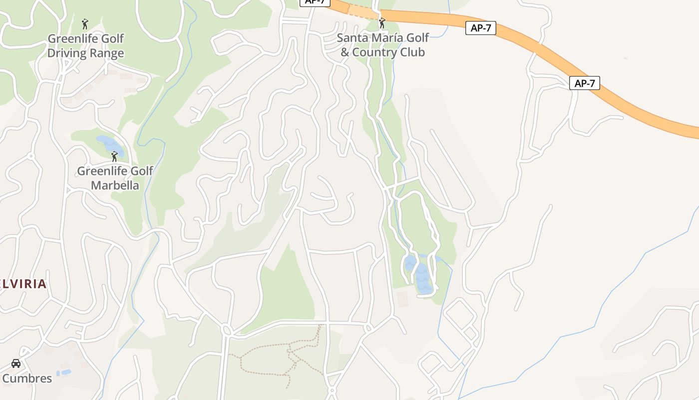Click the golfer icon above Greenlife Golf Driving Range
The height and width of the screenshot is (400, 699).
click(x=85, y=23)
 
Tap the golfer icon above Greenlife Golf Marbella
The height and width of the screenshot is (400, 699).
click(x=114, y=156)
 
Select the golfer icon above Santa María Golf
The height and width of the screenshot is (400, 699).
click(x=382, y=23)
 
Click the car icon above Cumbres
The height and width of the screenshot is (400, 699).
click(x=16, y=363)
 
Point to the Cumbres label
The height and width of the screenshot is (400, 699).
click(x=27, y=378)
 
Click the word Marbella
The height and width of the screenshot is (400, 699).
click(x=115, y=185)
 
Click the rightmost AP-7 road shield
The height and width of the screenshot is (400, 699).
click(x=584, y=83)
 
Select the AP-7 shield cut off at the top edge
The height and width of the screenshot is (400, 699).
click(x=315, y=2)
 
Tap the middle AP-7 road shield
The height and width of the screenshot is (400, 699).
click(x=481, y=28)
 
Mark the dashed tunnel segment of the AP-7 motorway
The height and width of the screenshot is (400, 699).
click(x=363, y=11)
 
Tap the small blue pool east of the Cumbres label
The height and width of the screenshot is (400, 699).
click(x=63, y=373)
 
